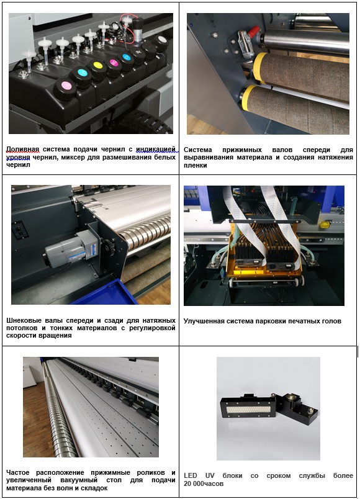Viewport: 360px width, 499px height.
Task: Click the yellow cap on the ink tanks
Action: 97,66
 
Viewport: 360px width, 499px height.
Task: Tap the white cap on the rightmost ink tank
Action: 162,40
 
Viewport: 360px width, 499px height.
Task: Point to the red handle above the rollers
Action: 254,32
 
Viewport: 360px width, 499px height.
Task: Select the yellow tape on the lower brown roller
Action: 247,97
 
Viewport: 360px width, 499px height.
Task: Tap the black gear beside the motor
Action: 109,249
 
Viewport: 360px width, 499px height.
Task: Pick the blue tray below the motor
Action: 105,292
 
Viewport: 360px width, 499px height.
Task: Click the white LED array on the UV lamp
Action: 248,409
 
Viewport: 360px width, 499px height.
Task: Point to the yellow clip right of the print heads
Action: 325,225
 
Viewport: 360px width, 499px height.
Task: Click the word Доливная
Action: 22,149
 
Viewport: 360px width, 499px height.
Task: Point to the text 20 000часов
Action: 204,483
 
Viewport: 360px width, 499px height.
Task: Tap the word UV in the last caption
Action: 210,476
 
